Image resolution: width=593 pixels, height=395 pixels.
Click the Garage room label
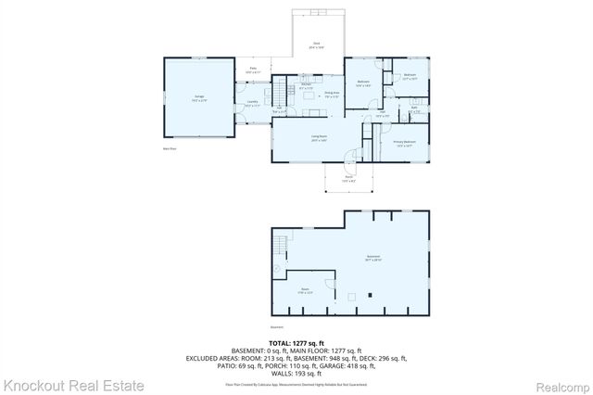199,96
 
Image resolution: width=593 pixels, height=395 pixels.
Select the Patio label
253,70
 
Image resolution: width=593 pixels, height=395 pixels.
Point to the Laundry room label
252,103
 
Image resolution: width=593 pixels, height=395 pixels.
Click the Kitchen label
306,87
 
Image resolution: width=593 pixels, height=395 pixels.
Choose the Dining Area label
331,95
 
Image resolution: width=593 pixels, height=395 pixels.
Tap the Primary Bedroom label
404,143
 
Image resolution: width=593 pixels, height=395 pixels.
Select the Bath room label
414,109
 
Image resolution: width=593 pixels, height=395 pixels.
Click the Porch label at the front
349,178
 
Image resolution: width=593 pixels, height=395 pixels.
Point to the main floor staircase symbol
278,92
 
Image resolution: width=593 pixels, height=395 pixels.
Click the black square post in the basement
370,297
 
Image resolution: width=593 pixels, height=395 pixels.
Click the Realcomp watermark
560,384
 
